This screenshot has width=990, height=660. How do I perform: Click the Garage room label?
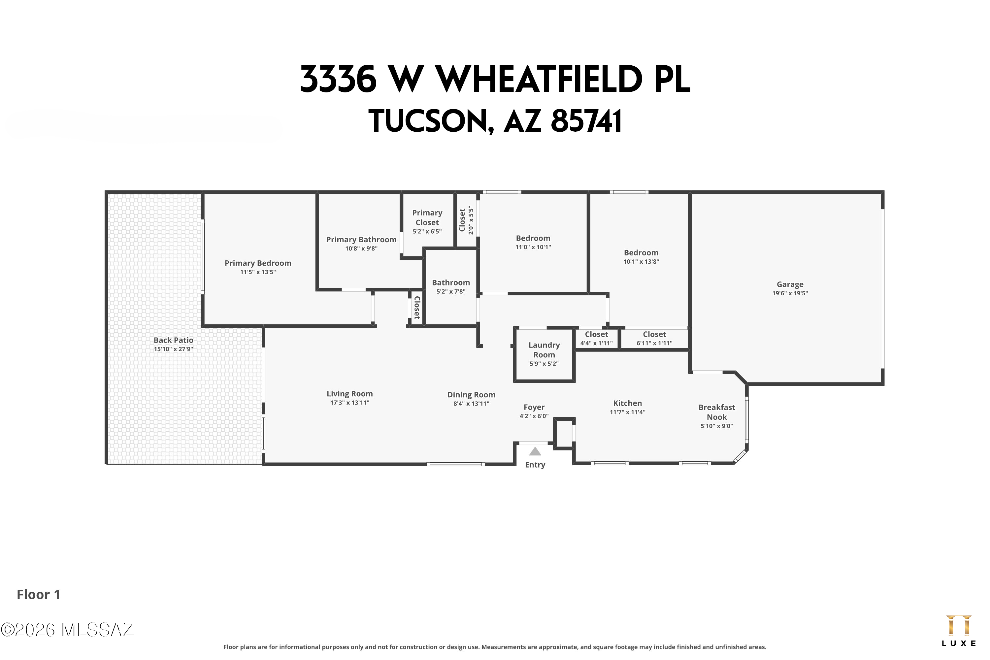[x=790, y=284]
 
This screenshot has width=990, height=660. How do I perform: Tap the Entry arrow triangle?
[x=535, y=452]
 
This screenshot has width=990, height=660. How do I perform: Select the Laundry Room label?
[x=544, y=350]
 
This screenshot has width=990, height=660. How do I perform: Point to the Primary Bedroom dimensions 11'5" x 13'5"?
[x=258, y=272]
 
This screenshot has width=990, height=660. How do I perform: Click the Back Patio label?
[x=174, y=340]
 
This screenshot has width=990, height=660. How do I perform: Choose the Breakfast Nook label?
[x=716, y=412]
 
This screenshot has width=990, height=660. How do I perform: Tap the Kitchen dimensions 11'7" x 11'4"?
[x=627, y=412]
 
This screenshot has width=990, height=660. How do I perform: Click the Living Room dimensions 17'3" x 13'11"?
[x=349, y=403]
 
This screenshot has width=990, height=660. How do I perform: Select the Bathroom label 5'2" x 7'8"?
[x=450, y=283]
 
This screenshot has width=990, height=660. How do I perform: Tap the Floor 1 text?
[x=38, y=595]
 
